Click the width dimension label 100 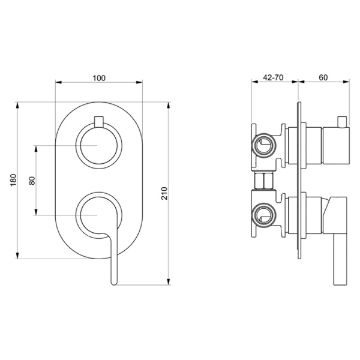(100, 77)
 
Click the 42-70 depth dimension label (274, 77)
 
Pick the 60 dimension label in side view (323, 77)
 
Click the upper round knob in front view (100, 146)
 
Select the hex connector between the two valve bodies (264, 180)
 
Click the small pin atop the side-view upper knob (343, 122)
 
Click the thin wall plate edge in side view (298, 180)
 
